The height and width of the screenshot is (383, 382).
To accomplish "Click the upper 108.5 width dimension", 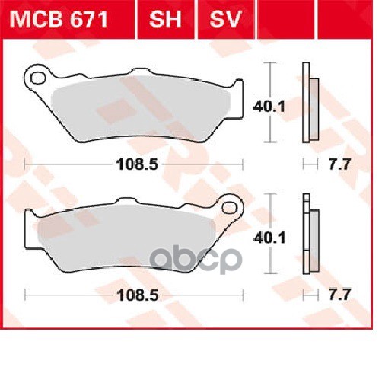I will [x=132, y=164].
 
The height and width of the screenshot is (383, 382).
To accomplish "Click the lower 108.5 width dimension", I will [x=132, y=294].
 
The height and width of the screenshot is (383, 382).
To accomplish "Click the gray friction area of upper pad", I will [x=145, y=107].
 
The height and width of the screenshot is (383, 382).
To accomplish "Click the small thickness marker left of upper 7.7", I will [x=307, y=164].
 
